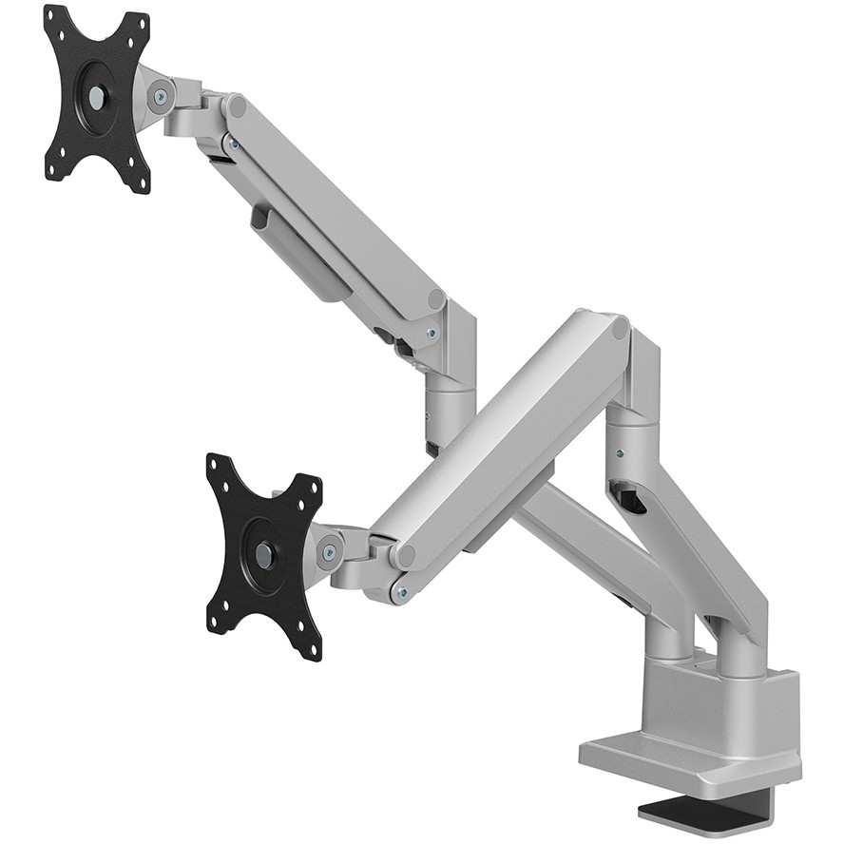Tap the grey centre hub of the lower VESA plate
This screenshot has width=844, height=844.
click(x=264, y=554)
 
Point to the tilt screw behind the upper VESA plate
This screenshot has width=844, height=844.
click(x=161, y=96)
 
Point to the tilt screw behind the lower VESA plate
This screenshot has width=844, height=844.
click(x=330, y=551)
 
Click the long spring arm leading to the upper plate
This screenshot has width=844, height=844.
click(x=333, y=209)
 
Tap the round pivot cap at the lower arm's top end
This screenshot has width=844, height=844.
click(x=620, y=331)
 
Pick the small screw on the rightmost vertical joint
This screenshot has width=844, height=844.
click(x=620, y=453)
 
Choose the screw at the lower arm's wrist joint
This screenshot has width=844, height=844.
click(x=402, y=593)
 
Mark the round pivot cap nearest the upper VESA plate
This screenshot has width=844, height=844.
click(x=236, y=106)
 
